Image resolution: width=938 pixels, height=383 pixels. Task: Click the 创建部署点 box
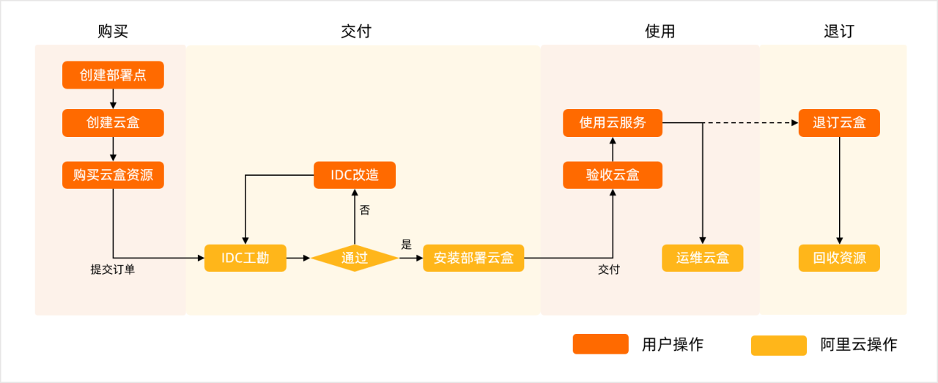coord(113,75)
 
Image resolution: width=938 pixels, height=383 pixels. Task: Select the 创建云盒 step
coord(113,123)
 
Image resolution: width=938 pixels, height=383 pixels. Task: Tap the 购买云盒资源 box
coord(113,175)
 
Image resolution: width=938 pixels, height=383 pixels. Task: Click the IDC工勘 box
coord(245,258)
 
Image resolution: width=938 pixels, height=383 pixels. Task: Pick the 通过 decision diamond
coord(355,258)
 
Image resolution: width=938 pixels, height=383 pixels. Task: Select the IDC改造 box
coord(355,175)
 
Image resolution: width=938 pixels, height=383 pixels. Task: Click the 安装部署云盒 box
coord(473,258)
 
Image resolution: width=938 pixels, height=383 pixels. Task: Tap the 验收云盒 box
coord(613,175)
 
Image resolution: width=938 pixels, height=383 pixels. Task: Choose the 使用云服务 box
coord(613,123)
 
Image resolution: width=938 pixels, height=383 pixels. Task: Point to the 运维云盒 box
coord(703,258)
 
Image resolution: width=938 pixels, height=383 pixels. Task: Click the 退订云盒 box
coord(839,123)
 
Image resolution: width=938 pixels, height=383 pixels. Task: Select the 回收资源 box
coord(839,258)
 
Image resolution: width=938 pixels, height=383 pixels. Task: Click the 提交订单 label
coord(113,269)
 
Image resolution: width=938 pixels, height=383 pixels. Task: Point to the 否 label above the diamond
coord(364,210)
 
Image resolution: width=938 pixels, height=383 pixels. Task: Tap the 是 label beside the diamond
coord(407,245)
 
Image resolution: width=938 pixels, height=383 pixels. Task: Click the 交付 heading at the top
coord(356,31)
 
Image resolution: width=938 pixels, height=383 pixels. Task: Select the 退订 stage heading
coord(839,31)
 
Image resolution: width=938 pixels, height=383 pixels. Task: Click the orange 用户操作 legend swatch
coord(600,344)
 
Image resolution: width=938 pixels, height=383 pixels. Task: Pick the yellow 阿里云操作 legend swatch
coord(778,345)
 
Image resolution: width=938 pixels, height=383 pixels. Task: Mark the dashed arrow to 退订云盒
coord(751,123)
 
